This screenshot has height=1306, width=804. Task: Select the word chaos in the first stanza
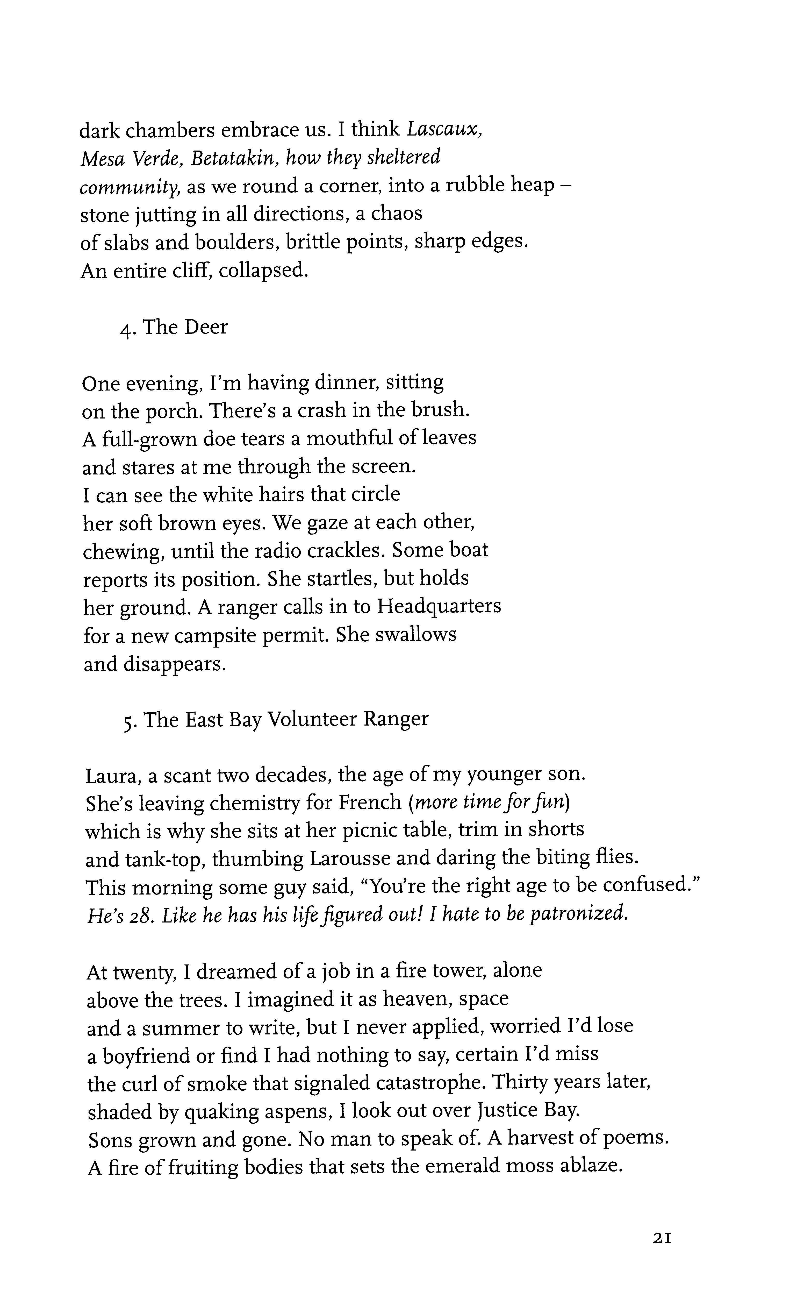point(396,214)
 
